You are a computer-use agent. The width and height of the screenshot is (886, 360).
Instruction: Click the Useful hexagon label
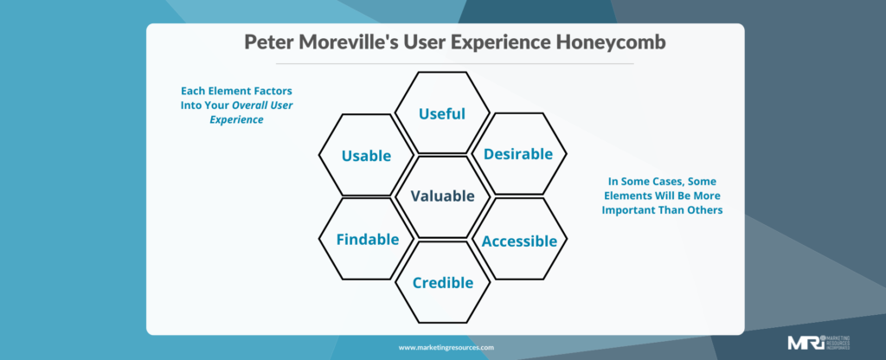442,113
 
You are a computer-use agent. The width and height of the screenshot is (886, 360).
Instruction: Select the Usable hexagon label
366,156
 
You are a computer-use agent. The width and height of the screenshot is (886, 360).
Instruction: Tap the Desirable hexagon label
518,154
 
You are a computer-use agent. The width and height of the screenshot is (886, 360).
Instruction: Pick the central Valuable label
442,196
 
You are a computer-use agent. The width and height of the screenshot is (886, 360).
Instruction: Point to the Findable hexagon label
368,239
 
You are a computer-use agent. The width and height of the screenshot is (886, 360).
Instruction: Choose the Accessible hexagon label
519,241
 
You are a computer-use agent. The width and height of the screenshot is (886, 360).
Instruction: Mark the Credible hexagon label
442,282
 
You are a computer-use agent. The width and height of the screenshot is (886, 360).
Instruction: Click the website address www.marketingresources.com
446,347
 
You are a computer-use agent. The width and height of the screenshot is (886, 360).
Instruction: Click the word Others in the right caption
702,210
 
